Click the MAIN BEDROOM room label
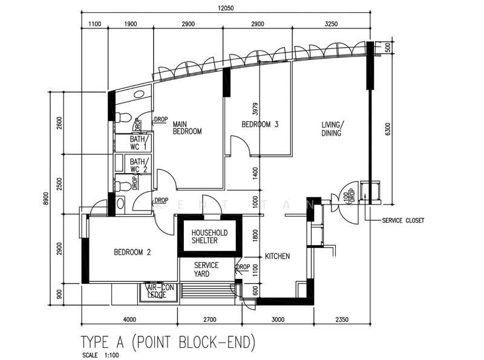(x=187, y=126)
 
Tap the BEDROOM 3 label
(x=260, y=125)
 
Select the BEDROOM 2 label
(x=132, y=253)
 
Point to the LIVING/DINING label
(x=331, y=129)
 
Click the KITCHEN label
(x=277, y=257)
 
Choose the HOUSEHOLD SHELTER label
(x=209, y=237)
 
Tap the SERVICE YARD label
(x=206, y=270)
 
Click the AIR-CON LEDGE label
(x=157, y=291)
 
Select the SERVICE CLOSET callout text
(x=403, y=221)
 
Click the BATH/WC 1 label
(x=138, y=143)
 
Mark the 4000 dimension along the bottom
(x=129, y=319)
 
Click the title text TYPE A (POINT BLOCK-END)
(x=168, y=342)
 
